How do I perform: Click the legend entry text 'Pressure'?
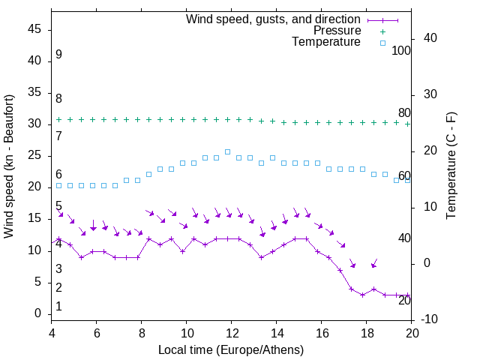coord(337,31)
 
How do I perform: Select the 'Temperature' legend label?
coord(326,42)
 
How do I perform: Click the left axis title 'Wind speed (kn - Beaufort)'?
coord(9,166)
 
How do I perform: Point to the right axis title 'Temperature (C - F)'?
coord(451,166)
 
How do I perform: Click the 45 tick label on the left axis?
coord(34,30)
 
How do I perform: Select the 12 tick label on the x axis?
coord(232,333)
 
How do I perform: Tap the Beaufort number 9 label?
coord(58,55)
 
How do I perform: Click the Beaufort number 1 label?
coord(58,307)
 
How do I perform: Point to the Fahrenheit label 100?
coord(401,50)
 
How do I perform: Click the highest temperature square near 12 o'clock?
coord(228,151)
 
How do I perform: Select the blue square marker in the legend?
coord(382,43)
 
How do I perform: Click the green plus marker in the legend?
coord(382,31)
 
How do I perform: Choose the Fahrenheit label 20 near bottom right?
coord(404,300)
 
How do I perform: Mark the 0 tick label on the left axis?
coord(38,313)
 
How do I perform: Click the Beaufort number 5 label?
coord(58,206)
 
